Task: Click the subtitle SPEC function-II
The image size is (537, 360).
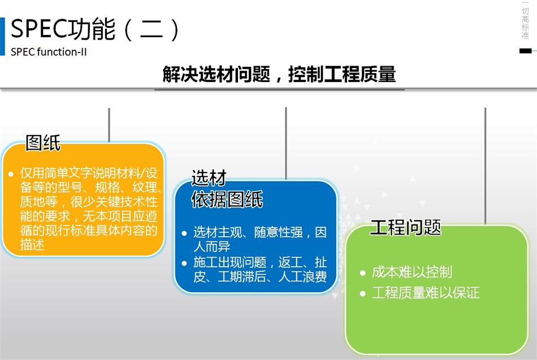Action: coord(49,52)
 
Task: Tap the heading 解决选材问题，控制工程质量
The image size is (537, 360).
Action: coord(279,75)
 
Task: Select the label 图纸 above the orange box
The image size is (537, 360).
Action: coord(43,143)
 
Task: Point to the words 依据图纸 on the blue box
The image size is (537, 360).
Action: coord(227,199)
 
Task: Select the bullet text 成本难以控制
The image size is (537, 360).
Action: coord(412,272)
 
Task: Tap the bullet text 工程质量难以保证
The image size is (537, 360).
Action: coord(425,293)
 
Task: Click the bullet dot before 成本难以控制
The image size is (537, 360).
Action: coord(363,273)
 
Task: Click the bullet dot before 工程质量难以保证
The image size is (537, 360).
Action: coord(363,293)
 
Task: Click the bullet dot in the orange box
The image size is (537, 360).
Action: coord(11,174)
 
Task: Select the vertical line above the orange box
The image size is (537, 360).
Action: coord(109,124)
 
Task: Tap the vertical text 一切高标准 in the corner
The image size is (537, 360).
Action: coord(525,20)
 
